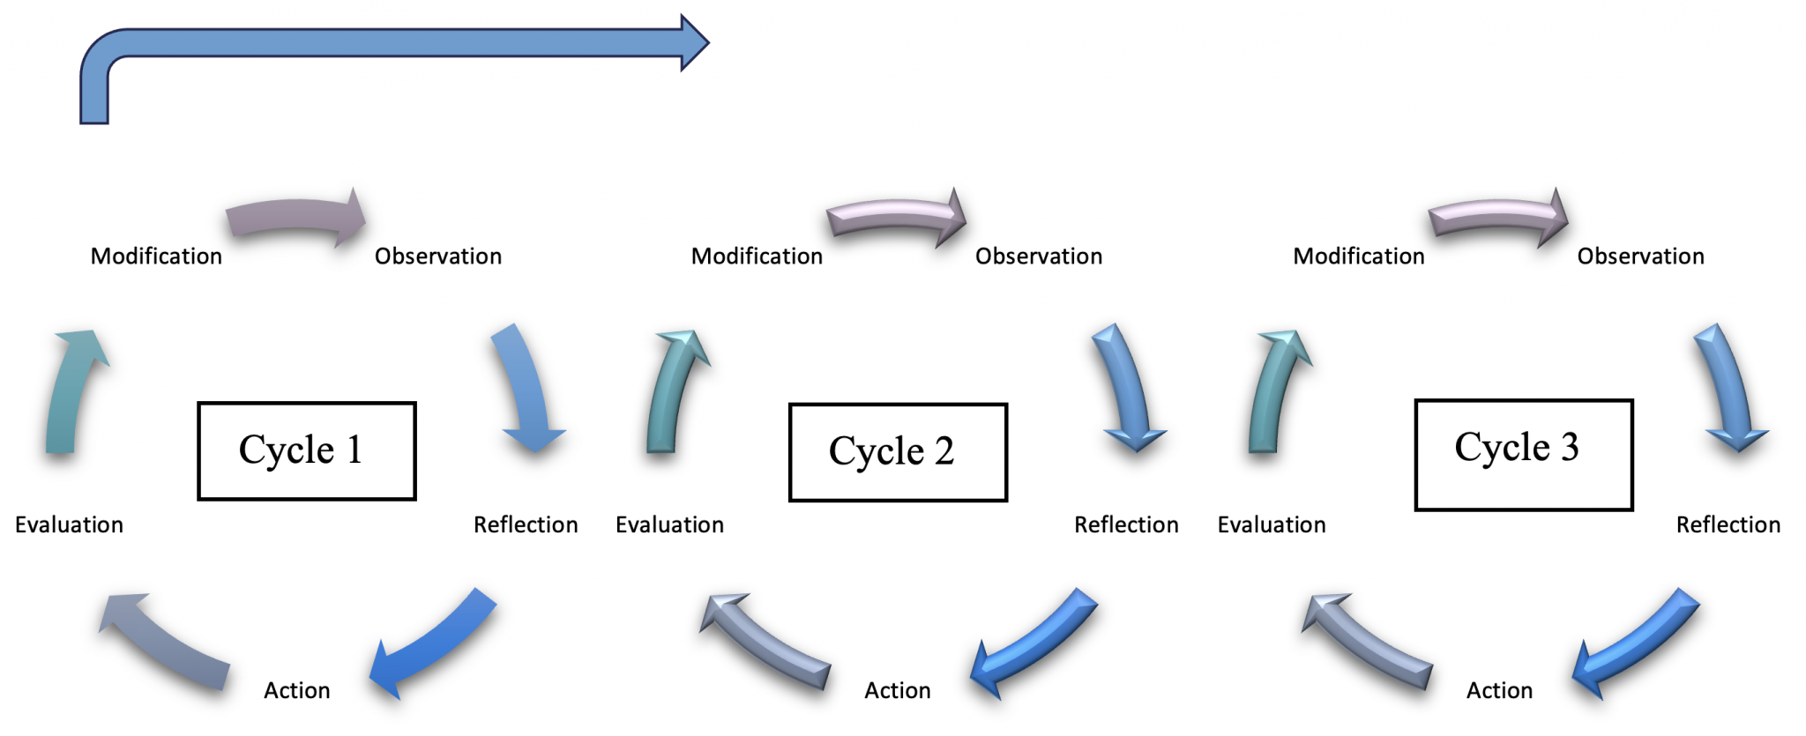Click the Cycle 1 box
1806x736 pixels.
click(306, 450)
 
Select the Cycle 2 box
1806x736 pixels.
click(897, 452)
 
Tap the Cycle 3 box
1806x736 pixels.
click(1523, 454)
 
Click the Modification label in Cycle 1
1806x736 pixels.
click(156, 256)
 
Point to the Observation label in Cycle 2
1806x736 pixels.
click(1038, 256)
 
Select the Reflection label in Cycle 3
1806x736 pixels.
click(1728, 525)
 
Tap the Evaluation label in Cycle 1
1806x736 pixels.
click(69, 525)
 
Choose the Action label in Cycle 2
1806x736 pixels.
click(897, 690)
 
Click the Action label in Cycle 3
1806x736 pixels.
click(1499, 690)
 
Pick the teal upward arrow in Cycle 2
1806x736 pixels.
click(672, 392)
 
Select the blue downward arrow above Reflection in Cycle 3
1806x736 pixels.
click(1728, 388)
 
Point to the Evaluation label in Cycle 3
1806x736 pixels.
click(1271, 525)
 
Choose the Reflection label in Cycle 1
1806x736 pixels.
click(526, 525)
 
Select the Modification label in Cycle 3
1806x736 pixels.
click(1358, 256)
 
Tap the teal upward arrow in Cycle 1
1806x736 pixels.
click(71, 392)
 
